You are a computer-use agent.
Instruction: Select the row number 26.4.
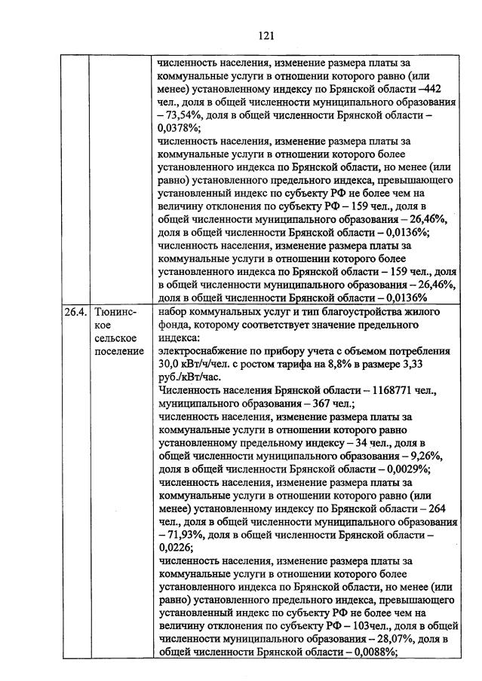coord(74,311)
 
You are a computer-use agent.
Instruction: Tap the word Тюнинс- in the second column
coord(117,311)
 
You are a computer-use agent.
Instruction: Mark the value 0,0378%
coord(178,130)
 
